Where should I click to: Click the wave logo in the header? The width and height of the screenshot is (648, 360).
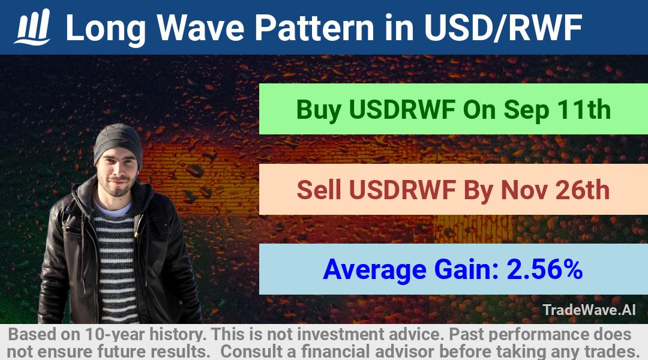coord(32,27)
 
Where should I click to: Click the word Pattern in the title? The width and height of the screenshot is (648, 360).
coord(314,28)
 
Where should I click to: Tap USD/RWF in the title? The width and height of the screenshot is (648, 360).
coord(503,28)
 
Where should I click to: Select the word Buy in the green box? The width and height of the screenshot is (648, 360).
coord(319,110)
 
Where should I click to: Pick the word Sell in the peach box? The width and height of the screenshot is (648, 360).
coord(319,190)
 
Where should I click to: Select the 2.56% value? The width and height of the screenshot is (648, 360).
coord(545,269)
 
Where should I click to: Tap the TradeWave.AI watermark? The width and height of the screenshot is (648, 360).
coord(589,310)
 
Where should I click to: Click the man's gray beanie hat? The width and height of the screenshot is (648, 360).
coord(118,143)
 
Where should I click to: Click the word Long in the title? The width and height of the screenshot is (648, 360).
coord(106,29)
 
